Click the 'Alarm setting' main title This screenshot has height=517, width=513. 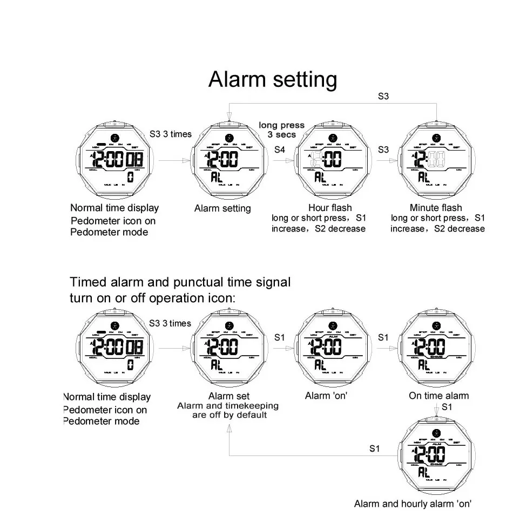click(273, 79)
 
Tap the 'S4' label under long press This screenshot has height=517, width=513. click(279, 149)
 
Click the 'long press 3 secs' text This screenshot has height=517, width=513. click(281, 130)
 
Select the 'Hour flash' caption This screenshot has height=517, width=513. click(329, 208)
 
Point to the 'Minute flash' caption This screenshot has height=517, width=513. click(436, 208)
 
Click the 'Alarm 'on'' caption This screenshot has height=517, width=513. click(326, 396)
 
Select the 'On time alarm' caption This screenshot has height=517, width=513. click(438, 396)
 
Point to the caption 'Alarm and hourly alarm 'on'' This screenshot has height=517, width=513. click(413, 504)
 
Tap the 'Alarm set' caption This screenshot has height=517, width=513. click(228, 397)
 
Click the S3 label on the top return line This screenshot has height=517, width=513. click(383, 97)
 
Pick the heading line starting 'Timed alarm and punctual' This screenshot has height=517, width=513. click(180, 282)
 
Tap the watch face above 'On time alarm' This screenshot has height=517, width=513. click(436, 348)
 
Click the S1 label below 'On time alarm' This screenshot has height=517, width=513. click(447, 407)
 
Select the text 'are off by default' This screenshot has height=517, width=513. click(230, 415)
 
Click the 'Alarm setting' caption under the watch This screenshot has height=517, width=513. click(222, 208)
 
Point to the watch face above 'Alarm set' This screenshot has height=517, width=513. click(229, 348)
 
